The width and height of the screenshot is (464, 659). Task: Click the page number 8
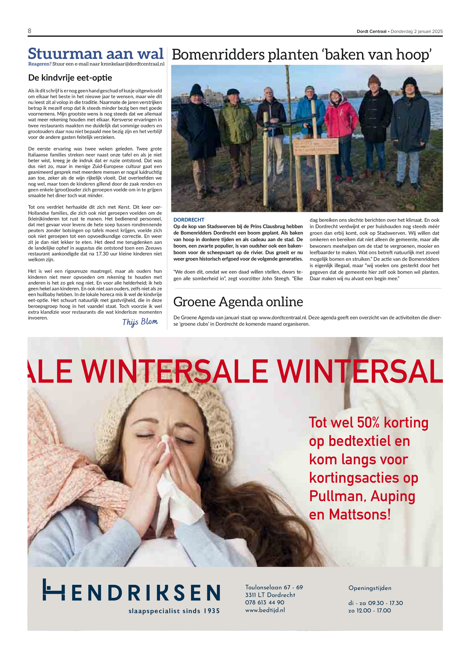[x=30, y=31]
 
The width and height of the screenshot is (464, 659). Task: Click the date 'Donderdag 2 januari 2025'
[x=416, y=31]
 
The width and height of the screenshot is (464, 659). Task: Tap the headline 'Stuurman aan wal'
[x=96, y=54]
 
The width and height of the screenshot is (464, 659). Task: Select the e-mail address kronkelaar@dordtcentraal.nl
[x=133, y=64]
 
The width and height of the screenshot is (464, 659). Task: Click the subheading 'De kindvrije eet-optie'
[x=70, y=78]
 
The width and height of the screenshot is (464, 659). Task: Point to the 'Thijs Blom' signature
[x=140, y=322]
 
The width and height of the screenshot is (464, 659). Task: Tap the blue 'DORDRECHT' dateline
[x=189, y=220]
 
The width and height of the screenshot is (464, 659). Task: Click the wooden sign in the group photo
[x=316, y=147]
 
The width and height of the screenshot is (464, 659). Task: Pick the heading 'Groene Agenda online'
[x=238, y=302]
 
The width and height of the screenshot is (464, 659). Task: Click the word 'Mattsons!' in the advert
[x=360, y=515]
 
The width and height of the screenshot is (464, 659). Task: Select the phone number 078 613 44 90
[x=264, y=602]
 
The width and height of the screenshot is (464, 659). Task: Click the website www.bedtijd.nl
[x=265, y=610]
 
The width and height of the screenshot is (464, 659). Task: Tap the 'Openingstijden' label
[x=370, y=588]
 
